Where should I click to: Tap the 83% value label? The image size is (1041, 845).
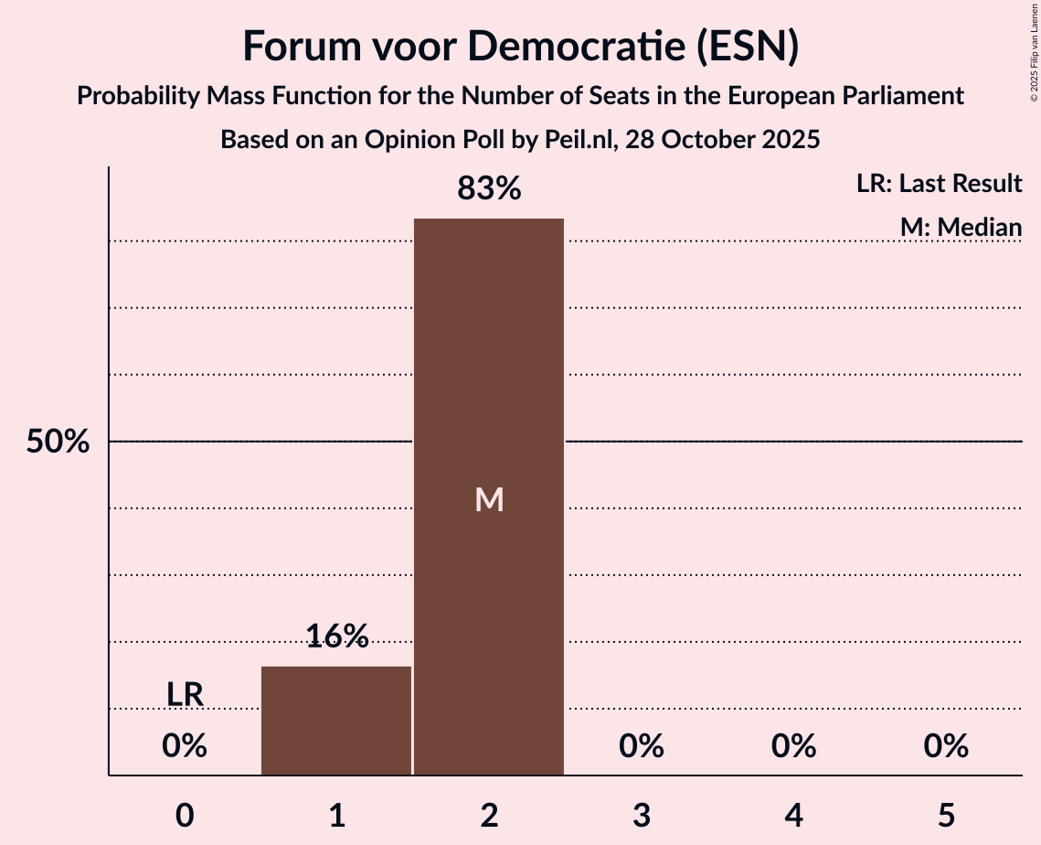coord(489,189)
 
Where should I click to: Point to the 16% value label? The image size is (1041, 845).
coord(336,636)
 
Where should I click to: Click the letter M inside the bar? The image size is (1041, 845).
coord(489,499)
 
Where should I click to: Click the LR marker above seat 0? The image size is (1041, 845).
coord(185,695)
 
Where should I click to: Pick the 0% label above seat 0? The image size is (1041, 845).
coord(185,746)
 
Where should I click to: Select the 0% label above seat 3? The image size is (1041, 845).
coord(641,746)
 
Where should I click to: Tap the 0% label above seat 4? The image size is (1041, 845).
coord(793,746)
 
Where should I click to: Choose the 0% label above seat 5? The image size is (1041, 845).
coord(945,746)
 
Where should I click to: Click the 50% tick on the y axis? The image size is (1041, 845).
coord(58,443)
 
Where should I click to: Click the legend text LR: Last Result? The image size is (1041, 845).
coord(939,184)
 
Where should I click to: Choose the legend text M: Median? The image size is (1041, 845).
coord(961,227)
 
